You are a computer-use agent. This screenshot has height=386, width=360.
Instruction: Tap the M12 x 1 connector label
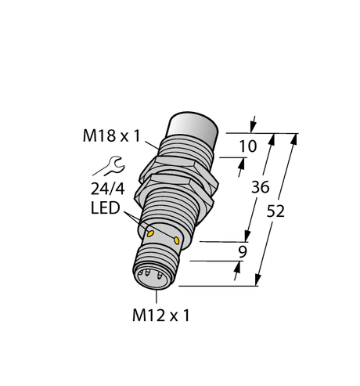159,316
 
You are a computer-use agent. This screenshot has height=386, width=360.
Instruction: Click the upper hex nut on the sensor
171,165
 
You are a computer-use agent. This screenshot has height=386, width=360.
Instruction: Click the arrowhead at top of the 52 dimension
296,139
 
